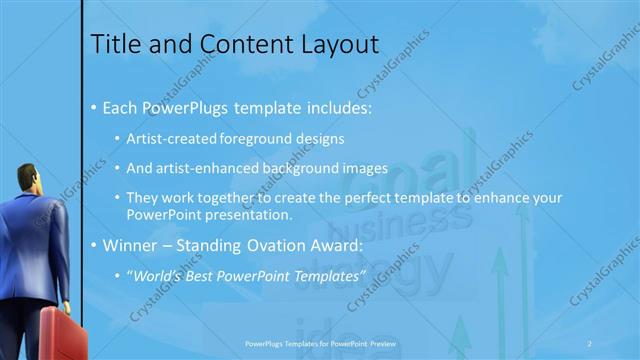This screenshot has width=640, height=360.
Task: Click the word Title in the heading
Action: click(x=112, y=45)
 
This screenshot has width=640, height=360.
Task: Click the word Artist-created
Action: click(x=166, y=138)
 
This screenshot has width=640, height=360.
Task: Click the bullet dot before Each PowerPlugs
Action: click(x=94, y=106)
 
